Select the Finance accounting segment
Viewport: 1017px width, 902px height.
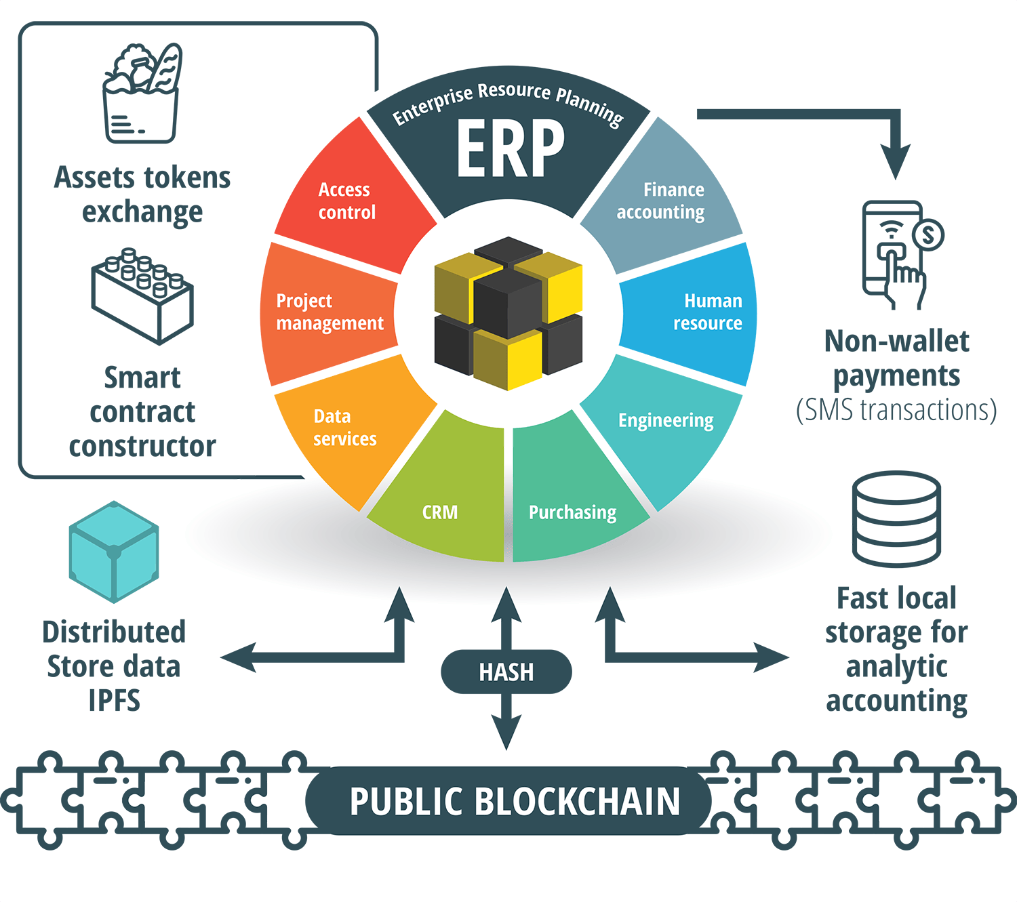(x=661, y=201)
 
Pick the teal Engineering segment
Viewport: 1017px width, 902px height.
(x=666, y=420)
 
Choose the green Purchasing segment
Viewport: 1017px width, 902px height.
(x=573, y=512)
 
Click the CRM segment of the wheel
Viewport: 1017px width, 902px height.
(x=441, y=512)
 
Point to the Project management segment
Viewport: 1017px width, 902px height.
(x=330, y=312)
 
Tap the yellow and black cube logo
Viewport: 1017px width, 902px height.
(x=509, y=313)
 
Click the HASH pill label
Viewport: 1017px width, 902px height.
(x=506, y=672)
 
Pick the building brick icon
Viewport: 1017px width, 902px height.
(x=142, y=295)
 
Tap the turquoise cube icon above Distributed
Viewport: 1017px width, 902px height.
(x=114, y=552)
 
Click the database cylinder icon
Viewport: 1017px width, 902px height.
(x=896, y=518)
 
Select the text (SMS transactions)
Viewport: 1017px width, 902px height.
(x=896, y=410)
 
